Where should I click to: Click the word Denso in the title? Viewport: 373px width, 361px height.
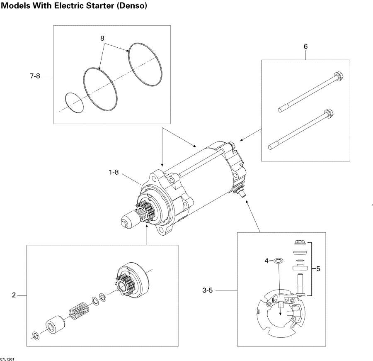pos(132,5)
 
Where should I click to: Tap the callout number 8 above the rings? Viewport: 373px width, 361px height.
pos(102,38)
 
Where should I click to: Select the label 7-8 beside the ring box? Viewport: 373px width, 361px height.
pos(35,76)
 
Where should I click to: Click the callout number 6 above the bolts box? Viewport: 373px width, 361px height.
pos(306,46)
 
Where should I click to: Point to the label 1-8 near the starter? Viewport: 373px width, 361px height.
pos(114,172)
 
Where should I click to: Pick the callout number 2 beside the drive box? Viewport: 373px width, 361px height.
pos(14,295)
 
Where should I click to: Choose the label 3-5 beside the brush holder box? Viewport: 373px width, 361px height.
pos(208,290)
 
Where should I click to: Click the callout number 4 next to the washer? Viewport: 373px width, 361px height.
pos(266,261)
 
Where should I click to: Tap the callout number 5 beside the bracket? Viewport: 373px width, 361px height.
pos(318,268)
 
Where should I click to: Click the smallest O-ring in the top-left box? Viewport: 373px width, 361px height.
pos(75,102)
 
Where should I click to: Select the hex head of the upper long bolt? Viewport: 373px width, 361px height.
pos(339,76)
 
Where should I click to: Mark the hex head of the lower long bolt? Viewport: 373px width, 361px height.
pos(329,113)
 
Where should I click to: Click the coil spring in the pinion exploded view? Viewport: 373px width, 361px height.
pos(79,310)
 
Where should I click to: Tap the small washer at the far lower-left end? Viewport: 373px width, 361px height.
pos(36,336)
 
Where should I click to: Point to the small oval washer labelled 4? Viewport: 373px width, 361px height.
pos(279,261)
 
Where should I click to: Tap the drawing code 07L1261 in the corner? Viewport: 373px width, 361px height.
pos(7,359)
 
